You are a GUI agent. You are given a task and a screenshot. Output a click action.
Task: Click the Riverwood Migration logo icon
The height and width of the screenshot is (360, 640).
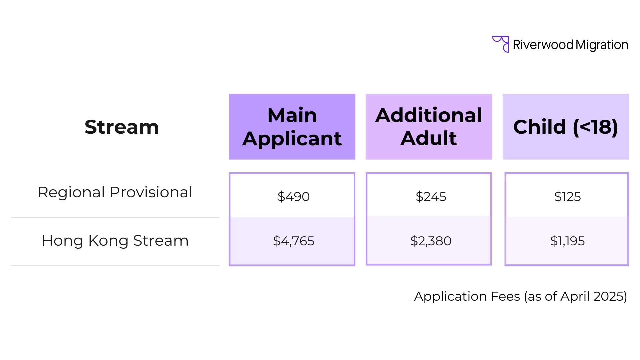(501, 44)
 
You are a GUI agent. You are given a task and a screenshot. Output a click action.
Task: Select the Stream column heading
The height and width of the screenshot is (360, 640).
(122, 127)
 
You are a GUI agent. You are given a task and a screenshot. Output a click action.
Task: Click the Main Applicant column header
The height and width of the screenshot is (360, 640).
(292, 127)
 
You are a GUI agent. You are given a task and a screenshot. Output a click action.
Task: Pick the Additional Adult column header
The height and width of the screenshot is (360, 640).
(429, 127)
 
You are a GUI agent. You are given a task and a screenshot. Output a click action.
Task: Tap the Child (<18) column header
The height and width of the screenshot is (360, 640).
(566, 127)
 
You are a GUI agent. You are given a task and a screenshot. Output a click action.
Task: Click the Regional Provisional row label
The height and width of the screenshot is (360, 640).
(115, 192)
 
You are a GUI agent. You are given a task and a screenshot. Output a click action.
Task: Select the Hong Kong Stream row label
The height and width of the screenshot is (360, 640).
(115, 240)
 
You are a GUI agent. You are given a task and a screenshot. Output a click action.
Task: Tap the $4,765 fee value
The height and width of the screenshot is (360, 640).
(293, 241)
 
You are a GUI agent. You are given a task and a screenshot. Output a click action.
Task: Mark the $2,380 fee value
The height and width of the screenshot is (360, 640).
(431, 241)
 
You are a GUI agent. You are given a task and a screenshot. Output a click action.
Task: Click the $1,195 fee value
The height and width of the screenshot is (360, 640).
(567, 241)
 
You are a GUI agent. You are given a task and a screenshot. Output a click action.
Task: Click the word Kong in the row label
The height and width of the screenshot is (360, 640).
(109, 241)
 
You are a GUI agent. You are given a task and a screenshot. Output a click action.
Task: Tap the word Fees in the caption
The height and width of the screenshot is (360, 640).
(505, 296)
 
